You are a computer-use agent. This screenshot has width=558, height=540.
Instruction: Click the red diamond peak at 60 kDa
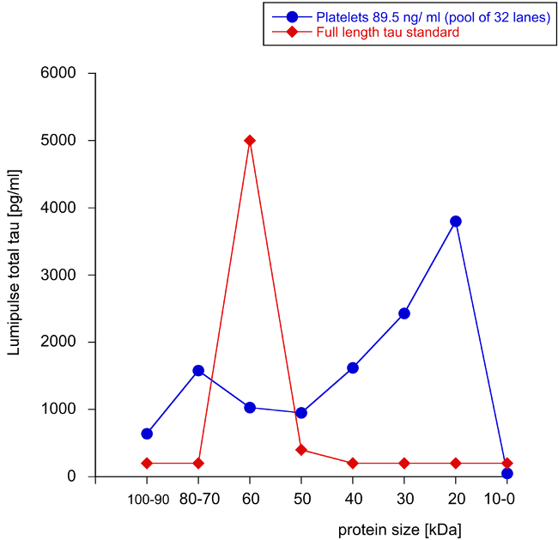click(x=250, y=140)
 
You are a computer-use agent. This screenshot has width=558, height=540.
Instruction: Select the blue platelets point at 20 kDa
click(x=456, y=221)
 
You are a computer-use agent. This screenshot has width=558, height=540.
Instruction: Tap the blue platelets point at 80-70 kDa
click(x=198, y=371)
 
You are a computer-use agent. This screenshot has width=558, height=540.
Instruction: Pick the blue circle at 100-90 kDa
click(x=147, y=434)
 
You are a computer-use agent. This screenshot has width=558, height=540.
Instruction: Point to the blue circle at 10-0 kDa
click(x=507, y=473)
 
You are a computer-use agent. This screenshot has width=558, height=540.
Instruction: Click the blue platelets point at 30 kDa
click(x=404, y=313)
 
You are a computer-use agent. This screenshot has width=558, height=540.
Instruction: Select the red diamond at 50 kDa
click(x=301, y=450)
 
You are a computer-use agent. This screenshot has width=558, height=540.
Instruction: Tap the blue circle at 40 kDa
click(x=353, y=367)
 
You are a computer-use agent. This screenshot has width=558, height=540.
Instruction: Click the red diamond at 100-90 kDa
click(x=147, y=463)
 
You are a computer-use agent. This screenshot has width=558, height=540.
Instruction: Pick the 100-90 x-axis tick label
click(x=147, y=500)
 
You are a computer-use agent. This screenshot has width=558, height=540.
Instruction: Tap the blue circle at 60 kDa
click(x=250, y=407)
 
